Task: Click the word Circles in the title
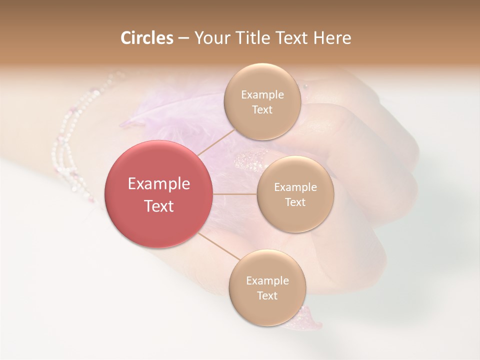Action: [x=147, y=38]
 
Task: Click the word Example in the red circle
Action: [x=159, y=184]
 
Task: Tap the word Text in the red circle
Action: [x=159, y=206]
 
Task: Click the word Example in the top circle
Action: [x=262, y=94]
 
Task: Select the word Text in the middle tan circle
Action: [x=295, y=202]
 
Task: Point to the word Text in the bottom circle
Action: [x=267, y=295]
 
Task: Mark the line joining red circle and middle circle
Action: [x=235, y=194]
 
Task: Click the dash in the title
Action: [x=183, y=38]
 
